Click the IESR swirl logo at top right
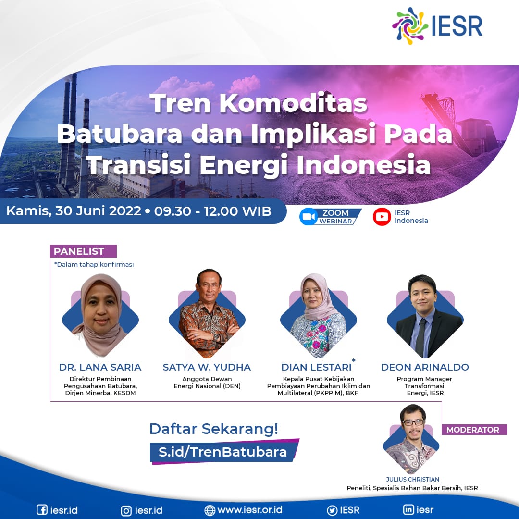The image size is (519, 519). [x=410, y=26]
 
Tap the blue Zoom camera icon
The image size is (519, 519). [x=308, y=217]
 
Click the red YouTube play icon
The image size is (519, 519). [x=382, y=216]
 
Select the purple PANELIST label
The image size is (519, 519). [x=83, y=251]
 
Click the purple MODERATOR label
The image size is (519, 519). [x=474, y=430]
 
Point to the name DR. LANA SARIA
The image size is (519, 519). [x=100, y=367]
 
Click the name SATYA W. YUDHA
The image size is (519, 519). [x=207, y=367]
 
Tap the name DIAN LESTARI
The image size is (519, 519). [x=316, y=367]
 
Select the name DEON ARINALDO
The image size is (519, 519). [x=425, y=367]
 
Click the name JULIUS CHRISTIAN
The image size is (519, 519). [x=412, y=479]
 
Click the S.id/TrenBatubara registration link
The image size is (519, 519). [x=222, y=452]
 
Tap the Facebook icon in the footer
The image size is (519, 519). [x=42, y=510]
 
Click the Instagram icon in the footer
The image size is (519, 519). [x=126, y=510]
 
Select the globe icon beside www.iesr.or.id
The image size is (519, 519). [x=210, y=510]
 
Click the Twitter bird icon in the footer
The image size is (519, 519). [x=332, y=510]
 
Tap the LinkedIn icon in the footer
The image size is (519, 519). [x=408, y=510]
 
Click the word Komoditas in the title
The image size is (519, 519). [x=293, y=103]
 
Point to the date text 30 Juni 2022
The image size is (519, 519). [x=99, y=211]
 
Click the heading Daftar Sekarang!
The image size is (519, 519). [x=214, y=429]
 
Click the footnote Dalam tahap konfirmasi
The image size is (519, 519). [x=94, y=264]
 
